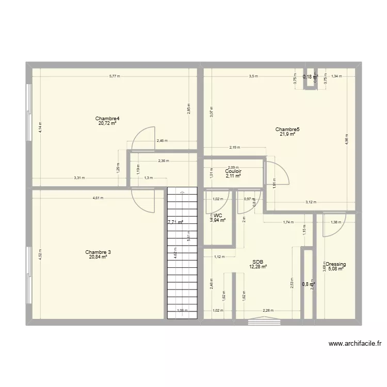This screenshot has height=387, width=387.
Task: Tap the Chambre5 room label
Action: coord(287,130)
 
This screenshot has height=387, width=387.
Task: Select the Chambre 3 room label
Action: coord(98,252)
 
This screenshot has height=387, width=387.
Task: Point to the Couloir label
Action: coord(234,171)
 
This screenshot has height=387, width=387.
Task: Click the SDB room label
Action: coord(258,262)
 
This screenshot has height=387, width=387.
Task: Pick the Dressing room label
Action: coord(335,264)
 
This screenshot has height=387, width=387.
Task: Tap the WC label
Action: coord(218,215)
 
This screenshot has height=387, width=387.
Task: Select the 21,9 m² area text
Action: coord(287,134)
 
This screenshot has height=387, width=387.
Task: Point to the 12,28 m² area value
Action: coord(258,267)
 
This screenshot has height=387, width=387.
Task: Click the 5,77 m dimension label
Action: coord(114,77)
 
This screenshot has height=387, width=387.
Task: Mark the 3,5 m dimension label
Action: coord(253,77)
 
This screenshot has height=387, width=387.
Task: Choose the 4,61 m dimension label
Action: coord(98,198)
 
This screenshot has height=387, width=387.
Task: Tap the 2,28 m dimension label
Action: coord(268,311)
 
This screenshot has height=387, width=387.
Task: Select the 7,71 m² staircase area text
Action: coord(175,223)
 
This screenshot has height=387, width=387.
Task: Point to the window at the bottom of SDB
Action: coord(264,321)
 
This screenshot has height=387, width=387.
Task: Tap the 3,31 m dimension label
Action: coord(79,178)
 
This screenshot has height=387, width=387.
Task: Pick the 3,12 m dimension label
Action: coord(311,202)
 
